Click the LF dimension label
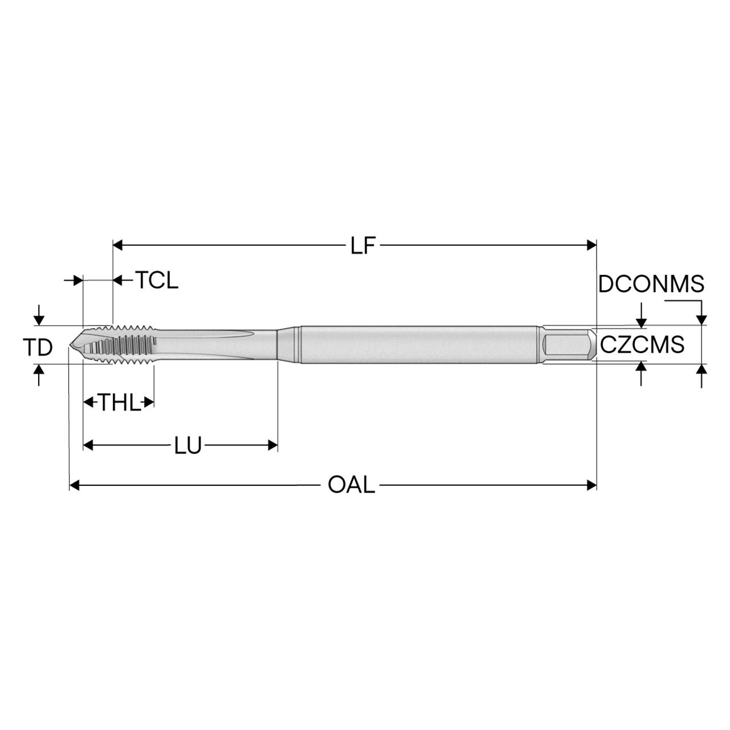(x=363, y=246)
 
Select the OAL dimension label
(x=351, y=485)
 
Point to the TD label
(x=38, y=347)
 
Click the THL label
(x=120, y=403)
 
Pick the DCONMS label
(x=651, y=283)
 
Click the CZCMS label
(x=642, y=344)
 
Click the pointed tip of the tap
(x=72, y=344)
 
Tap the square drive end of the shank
(x=568, y=344)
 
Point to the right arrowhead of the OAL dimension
(x=591, y=485)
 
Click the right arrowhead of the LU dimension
(x=273, y=445)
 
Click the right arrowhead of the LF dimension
(x=591, y=246)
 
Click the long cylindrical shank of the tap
(x=419, y=344)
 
